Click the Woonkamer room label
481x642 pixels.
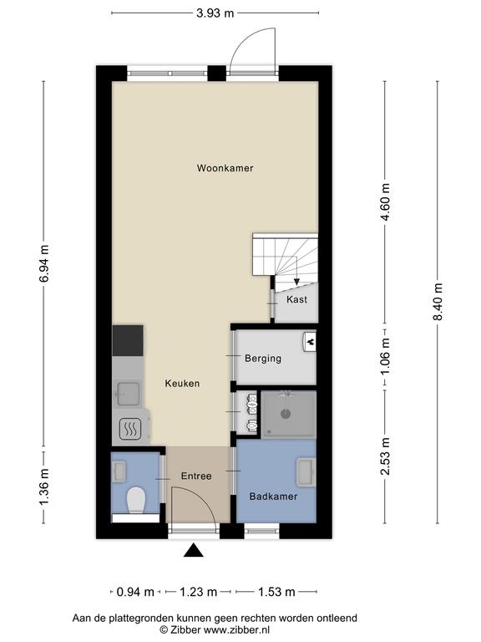pyautogui.click(x=225, y=168)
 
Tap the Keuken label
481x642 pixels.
pyautogui.click(x=182, y=383)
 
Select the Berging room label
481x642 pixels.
pyautogui.click(x=263, y=359)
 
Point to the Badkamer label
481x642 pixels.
pyautogui.click(x=273, y=497)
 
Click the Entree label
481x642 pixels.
pyautogui.click(x=196, y=476)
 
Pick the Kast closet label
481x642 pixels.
pyautogui.click(x=296, y=299)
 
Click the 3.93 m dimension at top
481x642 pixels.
pyautogui.click(x=215, y=13)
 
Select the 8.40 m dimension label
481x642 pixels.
pyautogui.click(x=438, y=302)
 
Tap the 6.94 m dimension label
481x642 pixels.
pyautogui.click(x=43, y=263)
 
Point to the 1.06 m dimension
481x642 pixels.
pyautogui.click(x=385, y=356)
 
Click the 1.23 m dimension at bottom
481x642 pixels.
pyautogui.click(x=198, y=592)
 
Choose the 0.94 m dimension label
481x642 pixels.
pyautogui.click(x=135, y=592)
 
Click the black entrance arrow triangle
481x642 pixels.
pyautogui.click(x=194, y=551)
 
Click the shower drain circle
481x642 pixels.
pyautogui.click(x=286, y=414)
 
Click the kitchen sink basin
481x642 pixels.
pyautogui.click(x=129, y=394)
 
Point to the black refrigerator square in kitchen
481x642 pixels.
pyautogui.click(x=128, y=341)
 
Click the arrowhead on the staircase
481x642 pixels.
pyautogui.click(x=296, y=282)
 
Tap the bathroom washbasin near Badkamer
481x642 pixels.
pyautogui.click(x=306, y=472)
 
